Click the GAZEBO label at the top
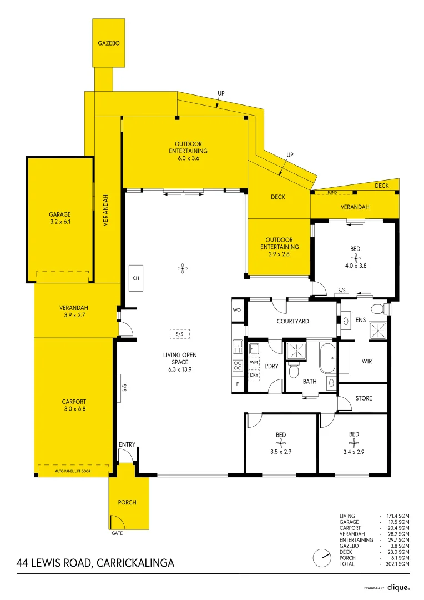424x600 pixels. (x=109, y=43)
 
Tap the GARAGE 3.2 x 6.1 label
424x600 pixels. (x=60, y=218)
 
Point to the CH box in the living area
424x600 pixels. (x=135, y=278)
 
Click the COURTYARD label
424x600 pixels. (x=292, y=321)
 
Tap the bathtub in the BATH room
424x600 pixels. (x=327, y=358)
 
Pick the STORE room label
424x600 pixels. (x=364, y=398)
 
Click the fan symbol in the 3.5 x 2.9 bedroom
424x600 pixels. (x=281, y=442)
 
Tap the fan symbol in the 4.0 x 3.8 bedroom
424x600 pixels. (x=356, y=258)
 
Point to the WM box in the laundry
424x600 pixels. (x=255, y=362)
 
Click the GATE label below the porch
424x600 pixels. (x=116, y=533)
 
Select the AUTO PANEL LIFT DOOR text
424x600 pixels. (x=73, y=471)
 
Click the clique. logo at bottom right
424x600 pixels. (x=398, y=587)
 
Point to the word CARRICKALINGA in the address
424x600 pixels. (x=135, y=563)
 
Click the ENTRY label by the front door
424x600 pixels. (x=127, y=444)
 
